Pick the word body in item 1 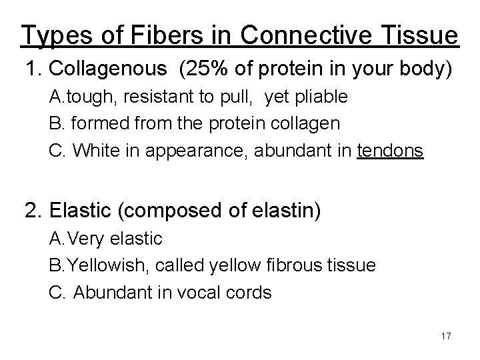point(424,68)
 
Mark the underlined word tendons point(390,151)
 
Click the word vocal point(205,293)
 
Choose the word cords point(250,293)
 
